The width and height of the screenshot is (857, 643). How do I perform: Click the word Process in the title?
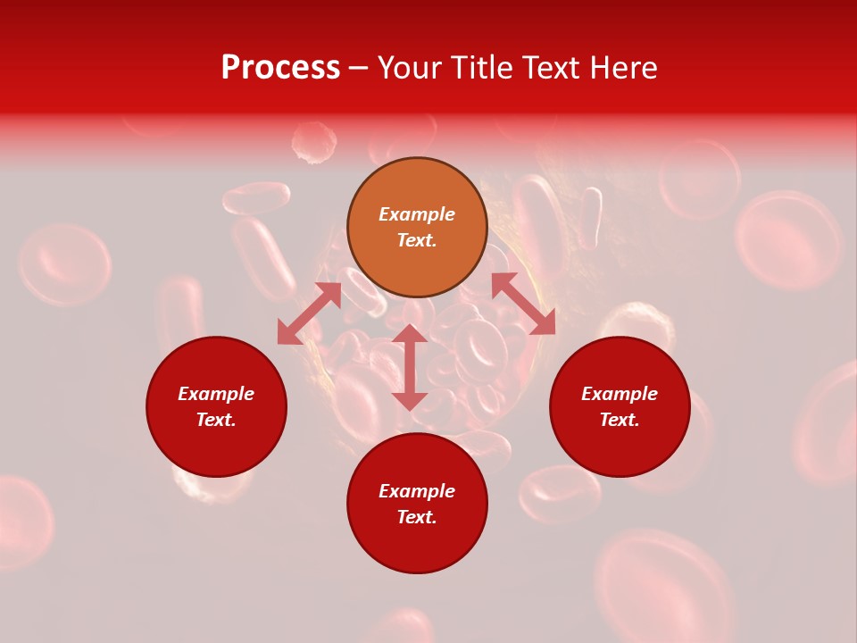tap(280, 68)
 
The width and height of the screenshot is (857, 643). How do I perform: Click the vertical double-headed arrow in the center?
tap(410, 367)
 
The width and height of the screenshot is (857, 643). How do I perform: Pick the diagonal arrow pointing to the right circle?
tap(524, 305)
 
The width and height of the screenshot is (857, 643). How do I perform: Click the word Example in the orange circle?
tap(417, 214)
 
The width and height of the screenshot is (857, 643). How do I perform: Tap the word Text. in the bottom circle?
tap(417, 517)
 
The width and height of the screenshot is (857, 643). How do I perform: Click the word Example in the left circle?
tap(216, 394)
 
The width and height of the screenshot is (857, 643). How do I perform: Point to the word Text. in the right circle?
tap(620, 420)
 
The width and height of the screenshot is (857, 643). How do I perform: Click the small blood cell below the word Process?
tap(314, 143)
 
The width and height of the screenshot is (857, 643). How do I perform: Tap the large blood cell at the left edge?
tap(64, 263)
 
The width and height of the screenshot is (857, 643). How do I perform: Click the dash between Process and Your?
tap(359, 68)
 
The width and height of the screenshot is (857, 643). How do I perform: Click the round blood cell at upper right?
tap(789, 239)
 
